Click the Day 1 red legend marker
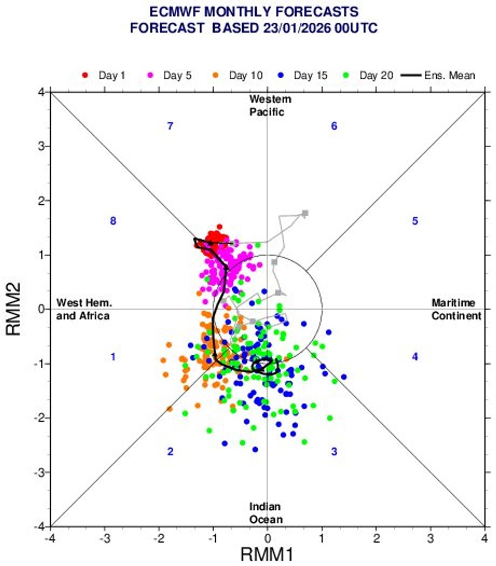pyautogui.click(x=85, y=75)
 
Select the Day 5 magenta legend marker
pyautogui.click(x=151, y=75)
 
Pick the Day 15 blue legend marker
pyautogui.click(x=281, y=75)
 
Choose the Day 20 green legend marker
pyautogui.click(x=347, y=75)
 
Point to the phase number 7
pyautogui.click(x=170, y=126)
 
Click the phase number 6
pyautogui.click(x=334, y=126)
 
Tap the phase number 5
pyautogui.click(x=415, y=221)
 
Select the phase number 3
pyautogui.click(x=334, y=452)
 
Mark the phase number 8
pyautogui.click(x=113, y=221)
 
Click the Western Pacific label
pyautogui.click(x=267, y=106)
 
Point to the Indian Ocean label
pyautogui.click(x=266, y=513)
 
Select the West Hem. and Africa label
pyautogui.click(x=83, y=309)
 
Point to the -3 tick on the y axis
pyautogui.click(x=42, y=472)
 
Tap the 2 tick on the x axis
pyautogui.click(x=376, y=537)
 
